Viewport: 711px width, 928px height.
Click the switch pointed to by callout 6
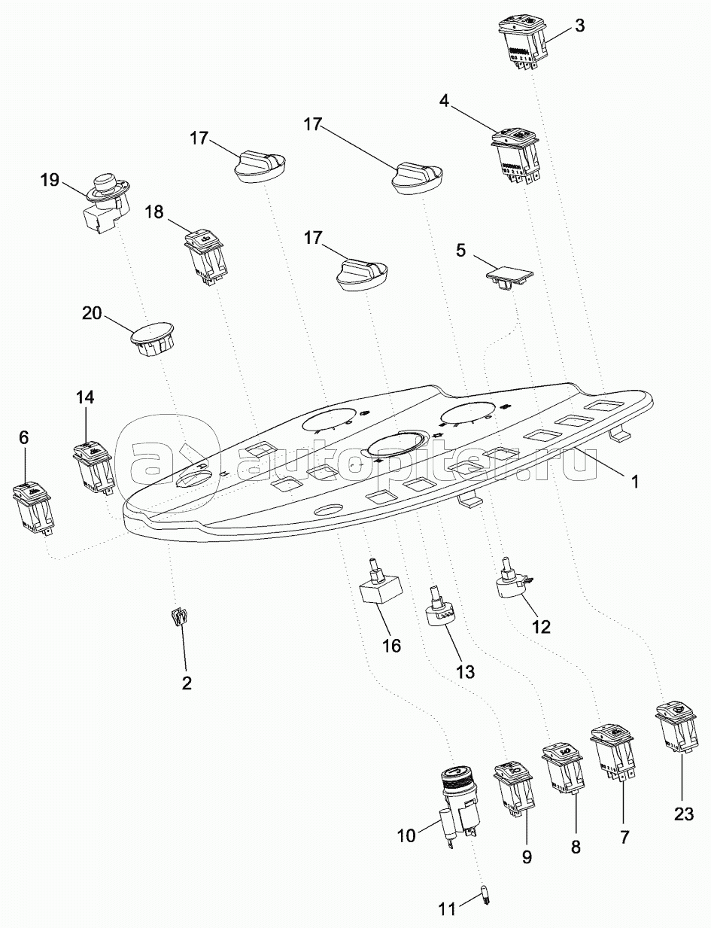[x=33, y=506]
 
